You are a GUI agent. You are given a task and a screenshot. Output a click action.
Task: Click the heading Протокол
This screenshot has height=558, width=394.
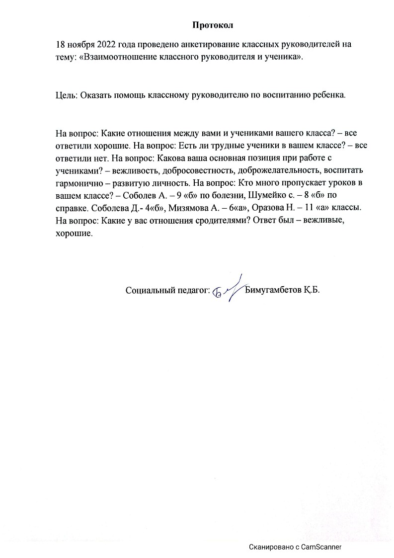(212, 24)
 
